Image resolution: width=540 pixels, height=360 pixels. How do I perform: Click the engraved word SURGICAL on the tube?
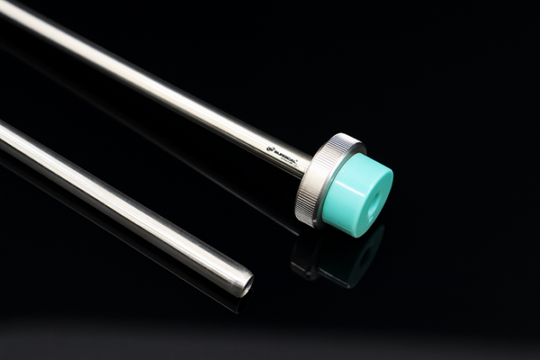click(286, 153)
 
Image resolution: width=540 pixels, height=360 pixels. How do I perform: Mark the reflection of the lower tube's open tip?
click(236, 304)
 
